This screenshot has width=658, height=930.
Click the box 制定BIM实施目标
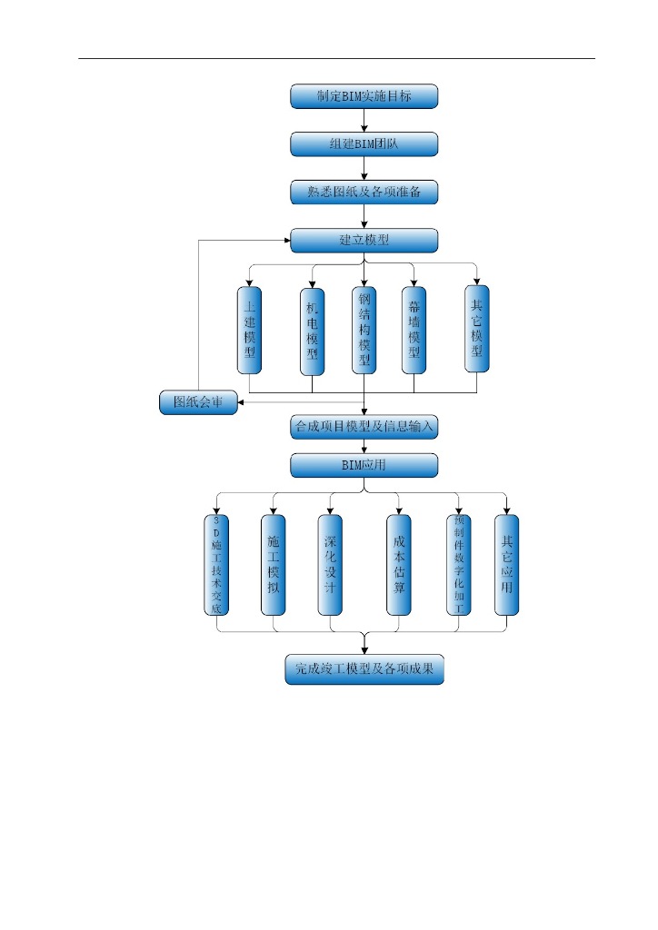tap(364, 96)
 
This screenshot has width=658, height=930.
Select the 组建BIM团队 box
tap(364, 144)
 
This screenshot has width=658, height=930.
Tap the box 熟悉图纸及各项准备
tap(364, 193)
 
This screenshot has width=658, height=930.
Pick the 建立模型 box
tap(364, 241)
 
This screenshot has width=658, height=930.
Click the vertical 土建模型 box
tap(249, 331)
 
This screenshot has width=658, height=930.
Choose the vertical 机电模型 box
tap(312, 331)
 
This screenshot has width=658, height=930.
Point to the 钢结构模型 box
tap(364, 331)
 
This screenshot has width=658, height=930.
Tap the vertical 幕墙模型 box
tap(414, 331)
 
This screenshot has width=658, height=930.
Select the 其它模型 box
tap(476, 329)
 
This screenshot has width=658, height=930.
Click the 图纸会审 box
tap(198, 402)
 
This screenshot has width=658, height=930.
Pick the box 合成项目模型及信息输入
tap(364, 426)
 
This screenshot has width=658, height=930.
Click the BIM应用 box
tap(364, 466)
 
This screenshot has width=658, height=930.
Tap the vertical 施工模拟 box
tap(273, 565)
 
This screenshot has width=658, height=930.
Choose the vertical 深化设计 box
tap(330, 565)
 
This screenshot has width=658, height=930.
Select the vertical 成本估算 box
tap(398, 565)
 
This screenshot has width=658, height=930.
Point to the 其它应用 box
tap(506, 565)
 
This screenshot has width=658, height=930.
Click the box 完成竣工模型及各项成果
tap(364, 669)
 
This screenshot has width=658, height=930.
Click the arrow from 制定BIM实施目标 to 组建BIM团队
tap(364, 121)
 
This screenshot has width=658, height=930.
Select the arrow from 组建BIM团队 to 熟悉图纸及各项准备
tap(364, 169)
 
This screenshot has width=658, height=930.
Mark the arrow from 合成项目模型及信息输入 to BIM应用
tap(364, 446)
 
